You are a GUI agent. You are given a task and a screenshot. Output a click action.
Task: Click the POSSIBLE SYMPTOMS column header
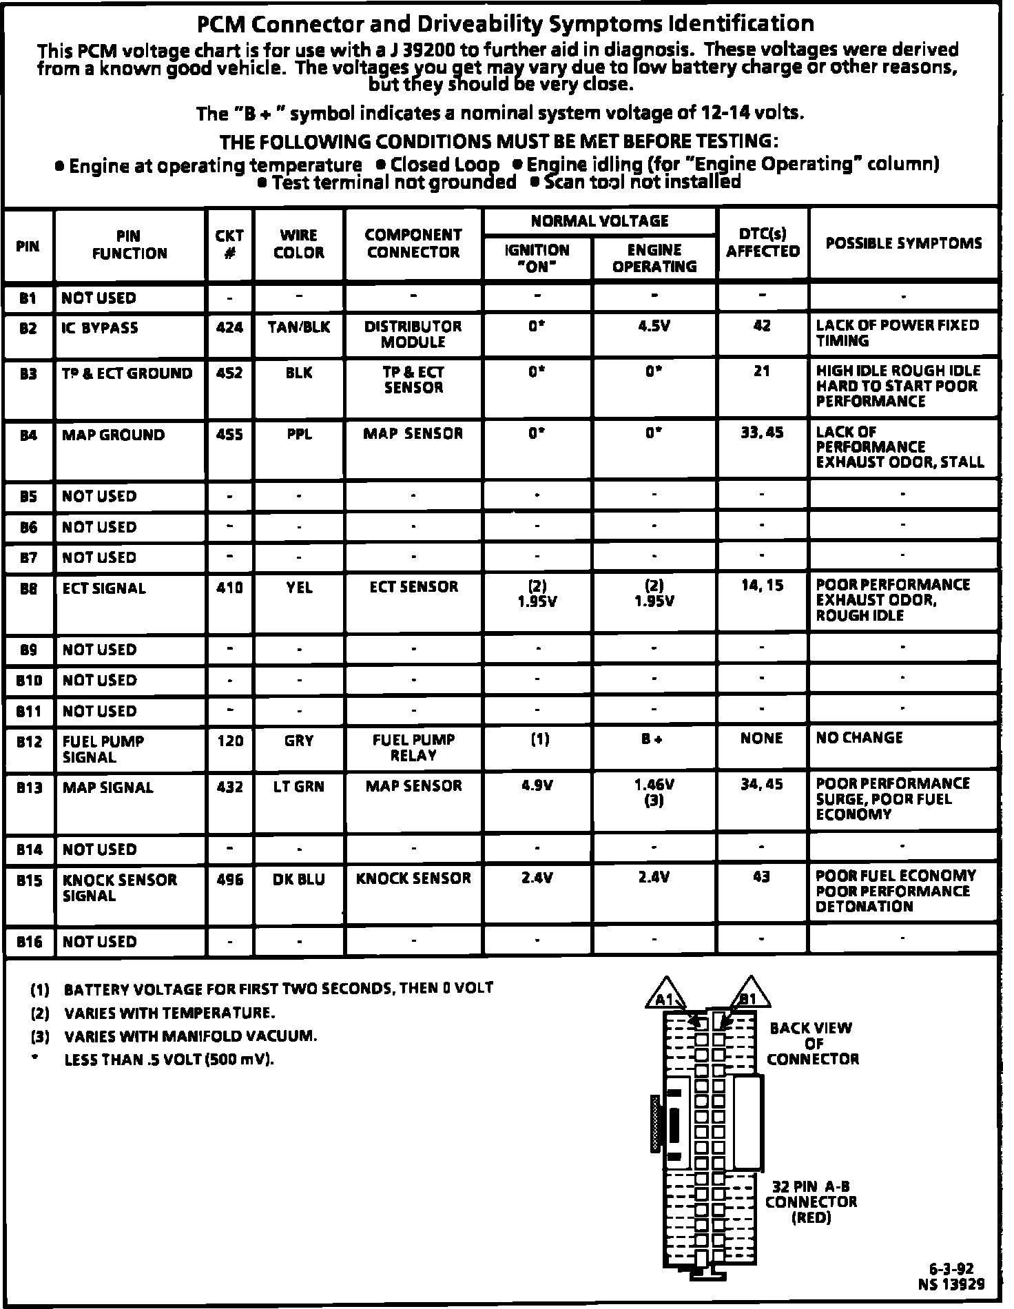coord(904,243)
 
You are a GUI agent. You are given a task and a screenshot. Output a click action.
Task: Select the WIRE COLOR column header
coord(298,244)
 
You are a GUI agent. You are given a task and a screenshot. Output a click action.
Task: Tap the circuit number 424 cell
coord(229,327)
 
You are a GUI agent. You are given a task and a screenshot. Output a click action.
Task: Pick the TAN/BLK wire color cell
coord(298,327)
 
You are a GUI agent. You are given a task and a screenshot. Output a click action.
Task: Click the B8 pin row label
coord(28,588)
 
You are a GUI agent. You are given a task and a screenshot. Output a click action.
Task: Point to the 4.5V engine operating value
coord(654,327)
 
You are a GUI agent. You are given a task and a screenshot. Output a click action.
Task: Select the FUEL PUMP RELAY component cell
coord(413,748)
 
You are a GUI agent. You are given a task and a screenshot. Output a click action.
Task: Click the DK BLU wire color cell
coord(298,880)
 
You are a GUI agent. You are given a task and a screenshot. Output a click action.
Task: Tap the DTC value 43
coord(761,877)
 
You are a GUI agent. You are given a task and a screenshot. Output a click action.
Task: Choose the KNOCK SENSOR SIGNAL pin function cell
coord(119,888)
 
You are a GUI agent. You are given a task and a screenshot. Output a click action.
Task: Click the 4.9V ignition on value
coord(537,785)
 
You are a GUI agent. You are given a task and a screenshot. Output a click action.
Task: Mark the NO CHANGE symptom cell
coord(859,738)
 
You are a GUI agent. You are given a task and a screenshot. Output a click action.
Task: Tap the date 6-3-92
coord(951,1268)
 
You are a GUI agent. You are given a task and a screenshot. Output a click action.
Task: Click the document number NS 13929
coord(951,1284)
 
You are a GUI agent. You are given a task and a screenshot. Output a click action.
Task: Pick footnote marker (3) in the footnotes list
coord(41,1036)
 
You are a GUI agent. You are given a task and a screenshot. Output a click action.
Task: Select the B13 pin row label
coord(30,787)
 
